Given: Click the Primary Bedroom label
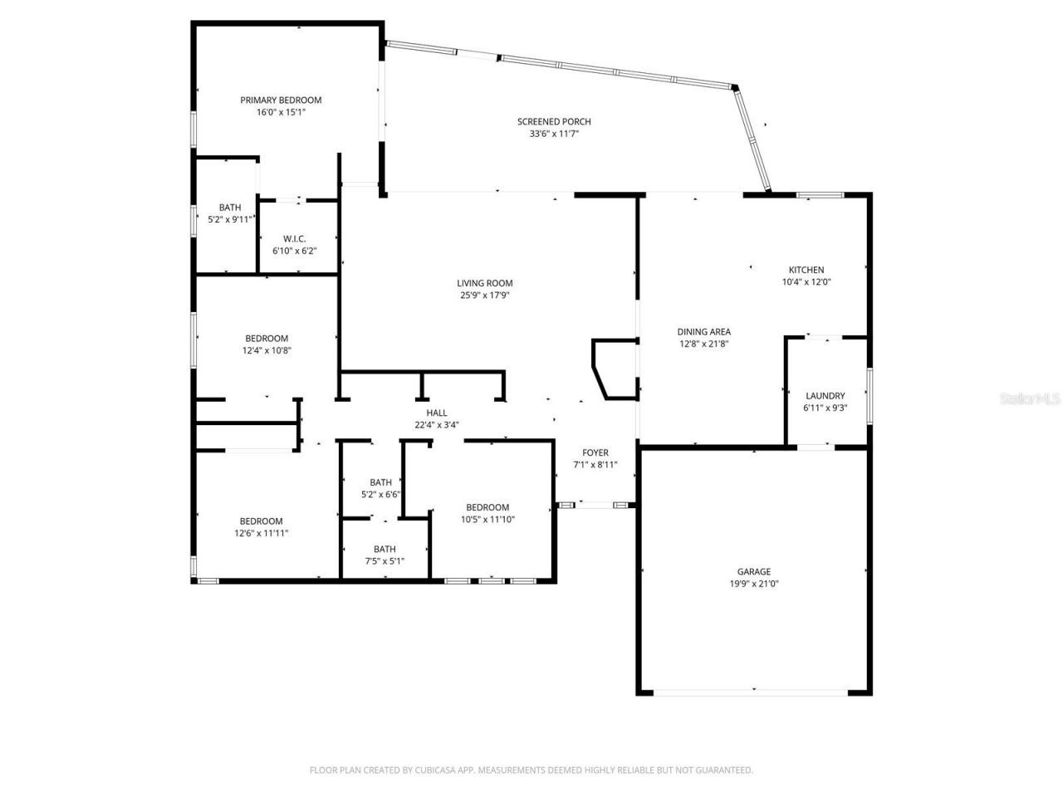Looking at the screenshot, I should tap(281, 100).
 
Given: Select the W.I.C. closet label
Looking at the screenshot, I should tap(295, 239).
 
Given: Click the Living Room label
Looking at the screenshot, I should tap(485, 283).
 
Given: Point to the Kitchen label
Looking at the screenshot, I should tap(806, 270).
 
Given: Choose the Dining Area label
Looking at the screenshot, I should tap(703, 332).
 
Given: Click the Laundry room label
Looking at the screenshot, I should tap(825, 396).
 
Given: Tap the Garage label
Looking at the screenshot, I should tap(753, 572).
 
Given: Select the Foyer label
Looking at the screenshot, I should tap(595, 453).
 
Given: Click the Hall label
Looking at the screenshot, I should tap(437, 413).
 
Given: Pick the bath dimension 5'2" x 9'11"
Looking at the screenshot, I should tap(230, 219).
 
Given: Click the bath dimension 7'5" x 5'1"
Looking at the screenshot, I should tap(385, 560).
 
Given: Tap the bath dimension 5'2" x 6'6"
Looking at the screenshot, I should tap(380, 494).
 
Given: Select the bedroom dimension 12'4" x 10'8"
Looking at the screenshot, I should tap(267, 350).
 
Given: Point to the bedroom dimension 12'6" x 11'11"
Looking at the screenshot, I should tap(262, 534).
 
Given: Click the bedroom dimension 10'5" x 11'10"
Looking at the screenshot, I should tap(487, 520).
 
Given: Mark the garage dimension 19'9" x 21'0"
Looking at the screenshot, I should tap(753, 584).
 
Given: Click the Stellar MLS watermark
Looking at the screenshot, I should tap(1030, 399).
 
